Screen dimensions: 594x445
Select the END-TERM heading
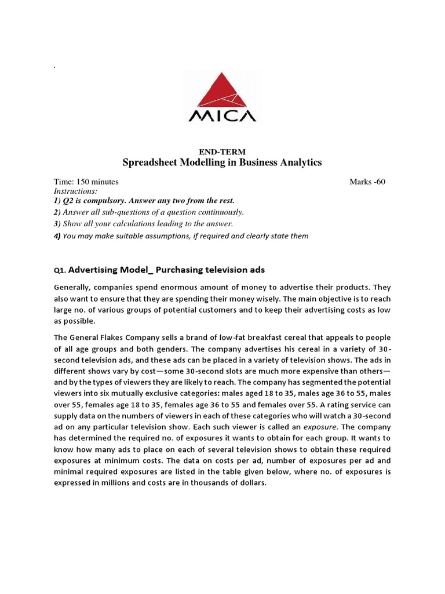(x=222, y=151)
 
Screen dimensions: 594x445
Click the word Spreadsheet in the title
(x=149, y=163)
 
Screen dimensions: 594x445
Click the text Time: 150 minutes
(x=86, y=182)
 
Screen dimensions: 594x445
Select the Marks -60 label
(x=367, y=182)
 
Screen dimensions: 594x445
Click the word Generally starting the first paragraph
(x=75, y=287)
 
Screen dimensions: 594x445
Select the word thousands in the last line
(x=198, y=482)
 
